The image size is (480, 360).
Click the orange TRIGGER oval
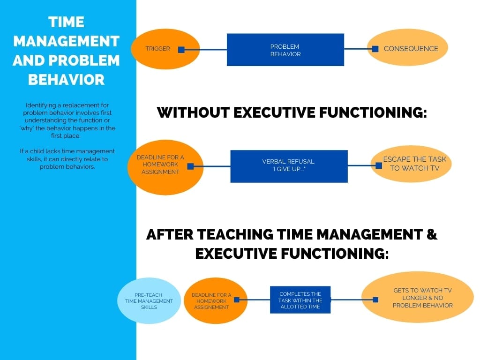click(x=165, y=49)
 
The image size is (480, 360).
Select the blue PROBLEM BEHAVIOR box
click(x=285, y=50)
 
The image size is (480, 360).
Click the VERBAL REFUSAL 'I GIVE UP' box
click(x=289, y=166)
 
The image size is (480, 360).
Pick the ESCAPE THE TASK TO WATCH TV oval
click(x=411, y=164)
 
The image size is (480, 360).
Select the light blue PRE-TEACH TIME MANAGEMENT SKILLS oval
click(x=149, y=300)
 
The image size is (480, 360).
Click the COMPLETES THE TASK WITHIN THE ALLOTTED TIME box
click(x=300, y=300)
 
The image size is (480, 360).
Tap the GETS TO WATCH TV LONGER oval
click(x=418, y=297)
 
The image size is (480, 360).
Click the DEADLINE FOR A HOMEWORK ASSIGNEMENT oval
click(x=216, y=300)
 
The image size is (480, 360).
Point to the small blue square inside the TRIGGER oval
click(x=181, y=50)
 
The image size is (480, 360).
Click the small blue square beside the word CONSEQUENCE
click(x=375, y=49)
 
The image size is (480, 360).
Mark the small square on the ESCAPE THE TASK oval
click(x=379, y=165)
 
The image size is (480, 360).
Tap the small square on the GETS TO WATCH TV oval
click(x=375, y=300)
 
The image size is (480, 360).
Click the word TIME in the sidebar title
click(x=66, y=22)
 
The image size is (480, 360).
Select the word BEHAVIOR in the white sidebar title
click(x=66, y=80)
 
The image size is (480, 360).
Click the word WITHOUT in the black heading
click(x=193, y=112)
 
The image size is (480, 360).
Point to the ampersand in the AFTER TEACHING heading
click(x=432, y=234)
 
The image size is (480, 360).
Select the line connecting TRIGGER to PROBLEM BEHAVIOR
click(x=206, y=50)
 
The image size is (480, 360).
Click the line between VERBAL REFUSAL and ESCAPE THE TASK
click(x=361, y=165)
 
